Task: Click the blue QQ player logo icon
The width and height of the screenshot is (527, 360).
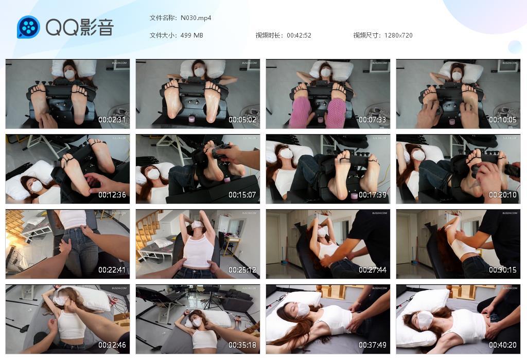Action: click(x=28, y=27)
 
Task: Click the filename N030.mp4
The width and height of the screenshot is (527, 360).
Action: click(x=196, y=18)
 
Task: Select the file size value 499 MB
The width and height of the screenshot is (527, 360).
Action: click(x=192, y=35)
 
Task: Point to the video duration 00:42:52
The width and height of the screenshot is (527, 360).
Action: click(x=299, y=35)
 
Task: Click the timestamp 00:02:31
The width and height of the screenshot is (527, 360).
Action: click(x=112, y=120)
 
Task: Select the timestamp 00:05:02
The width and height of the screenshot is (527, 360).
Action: click(x=242, y=120)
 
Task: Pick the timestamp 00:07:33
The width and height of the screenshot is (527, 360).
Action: click(x=373, y=120)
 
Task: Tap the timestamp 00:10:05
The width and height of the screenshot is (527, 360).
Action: click(x=503, y=120)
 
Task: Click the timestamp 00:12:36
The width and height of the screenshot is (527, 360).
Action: click(x=112, y=195)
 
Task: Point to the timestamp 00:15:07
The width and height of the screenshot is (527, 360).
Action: click(x=242, y=195)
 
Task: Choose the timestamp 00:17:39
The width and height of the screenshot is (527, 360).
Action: click(x=373, y=195)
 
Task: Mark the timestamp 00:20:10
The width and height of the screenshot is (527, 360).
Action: click(x=503, y=195)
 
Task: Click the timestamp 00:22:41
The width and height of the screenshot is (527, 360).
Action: click(x=112, y=270)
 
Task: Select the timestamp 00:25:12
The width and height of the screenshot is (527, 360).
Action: click(x=242, y=270)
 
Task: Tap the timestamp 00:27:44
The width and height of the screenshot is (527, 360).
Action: click(x=373, y=270)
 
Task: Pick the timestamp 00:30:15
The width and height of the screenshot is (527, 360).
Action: click(x=503, y=270)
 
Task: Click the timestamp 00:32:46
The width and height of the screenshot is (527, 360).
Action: click(x=112, y=345)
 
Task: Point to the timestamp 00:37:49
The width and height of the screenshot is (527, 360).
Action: click(x=373, y=345)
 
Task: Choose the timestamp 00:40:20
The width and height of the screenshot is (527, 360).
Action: click(x=503, y=345)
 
